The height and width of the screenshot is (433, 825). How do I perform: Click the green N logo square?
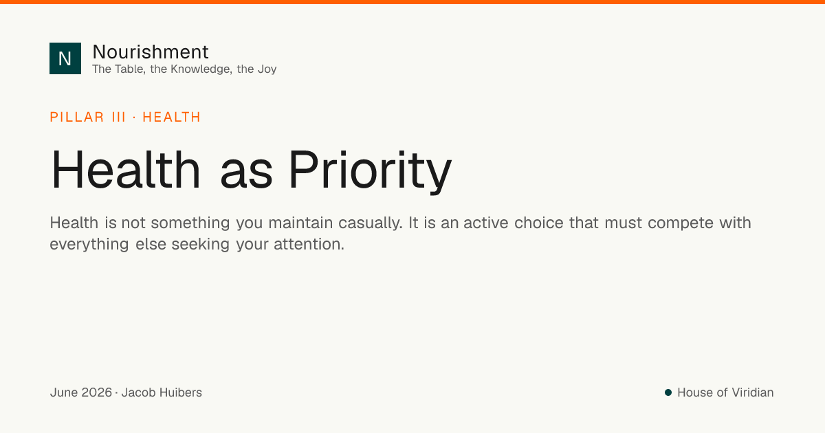(65, 58)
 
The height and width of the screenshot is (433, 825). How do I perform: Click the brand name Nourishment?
(151, 52)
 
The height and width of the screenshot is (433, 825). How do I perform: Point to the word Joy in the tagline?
(267, 69)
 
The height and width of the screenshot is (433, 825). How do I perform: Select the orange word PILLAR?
(77, 117)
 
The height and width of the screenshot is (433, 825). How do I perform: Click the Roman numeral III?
(118, 117)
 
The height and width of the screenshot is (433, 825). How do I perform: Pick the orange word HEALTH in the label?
(172, 117)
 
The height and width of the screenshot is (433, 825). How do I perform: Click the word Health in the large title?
(125, 170)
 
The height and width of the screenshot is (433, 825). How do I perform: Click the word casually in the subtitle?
(371, 223)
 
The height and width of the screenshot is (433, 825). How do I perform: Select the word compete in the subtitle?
(681, 223)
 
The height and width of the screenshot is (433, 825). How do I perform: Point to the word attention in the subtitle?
(309, 244)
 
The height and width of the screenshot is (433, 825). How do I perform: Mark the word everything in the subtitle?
(89, 245)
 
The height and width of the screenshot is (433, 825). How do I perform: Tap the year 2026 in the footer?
(96, 392)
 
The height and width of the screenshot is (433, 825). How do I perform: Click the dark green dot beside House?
(668, 392)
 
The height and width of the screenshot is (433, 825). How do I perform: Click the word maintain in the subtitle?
(300, 223)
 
